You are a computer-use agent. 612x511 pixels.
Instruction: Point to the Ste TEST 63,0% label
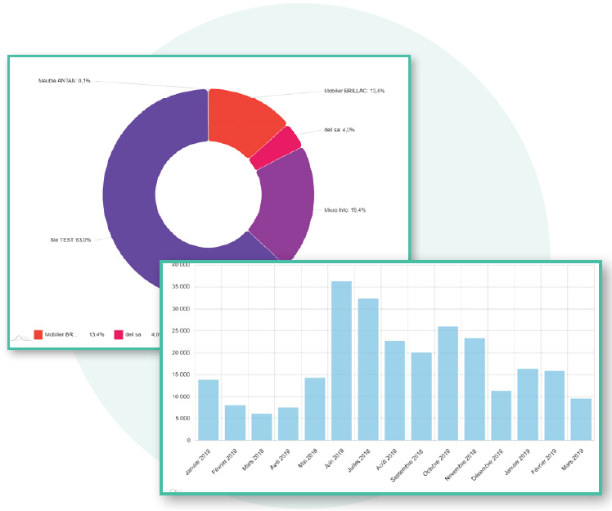point(70,240)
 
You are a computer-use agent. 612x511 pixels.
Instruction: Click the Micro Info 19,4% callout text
point(344,210)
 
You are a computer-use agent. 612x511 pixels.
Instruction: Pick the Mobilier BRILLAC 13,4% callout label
point(354,91)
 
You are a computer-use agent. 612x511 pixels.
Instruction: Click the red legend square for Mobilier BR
point(38,334)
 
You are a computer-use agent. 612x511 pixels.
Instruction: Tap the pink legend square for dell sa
point(119,334)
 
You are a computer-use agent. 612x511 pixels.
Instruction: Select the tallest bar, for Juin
point(341,360)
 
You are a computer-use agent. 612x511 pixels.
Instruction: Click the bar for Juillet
point(368,369)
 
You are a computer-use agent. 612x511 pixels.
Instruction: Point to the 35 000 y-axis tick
point(178,287)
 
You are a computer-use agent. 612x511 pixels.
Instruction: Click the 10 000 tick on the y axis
point(178,397)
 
